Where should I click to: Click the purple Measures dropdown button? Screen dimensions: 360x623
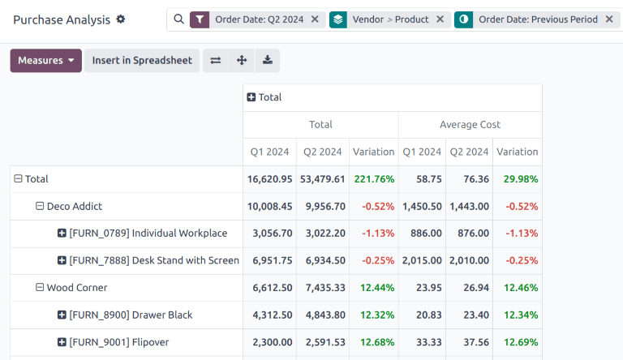pyautogui.click(x=45, y=61)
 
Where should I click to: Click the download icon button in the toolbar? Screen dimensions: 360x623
pyautogui.click(x=268, y=61)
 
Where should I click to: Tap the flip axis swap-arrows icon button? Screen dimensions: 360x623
pyautogui.click(x=216, y=61)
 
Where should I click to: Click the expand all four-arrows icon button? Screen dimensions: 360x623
pyautogui.click(x=242, y=61)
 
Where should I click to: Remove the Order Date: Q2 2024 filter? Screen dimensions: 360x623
pyautogui.click(x=315, y=19)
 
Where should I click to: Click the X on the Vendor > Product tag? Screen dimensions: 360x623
pyautogui.click(x=440, y=19)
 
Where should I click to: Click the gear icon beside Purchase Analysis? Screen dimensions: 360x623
pyautogui.click(x=121, y=19)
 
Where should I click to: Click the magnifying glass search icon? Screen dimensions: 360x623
pyautogui.click(x=179, y=19)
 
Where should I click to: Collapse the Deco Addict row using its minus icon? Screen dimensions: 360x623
pyautogui.click(x=40, y=206)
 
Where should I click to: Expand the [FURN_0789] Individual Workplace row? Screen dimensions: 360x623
pyautogui.click(x=62, y=234)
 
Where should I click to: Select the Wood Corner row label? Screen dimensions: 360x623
pyautogui.click(x=76, y=288)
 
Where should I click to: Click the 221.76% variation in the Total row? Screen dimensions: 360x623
pyautogui.click(x=374, y=179)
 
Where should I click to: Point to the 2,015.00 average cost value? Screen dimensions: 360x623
pyautogui.click(x=422, y=260)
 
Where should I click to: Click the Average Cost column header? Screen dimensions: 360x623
pyautogui.click(x=470, y=125)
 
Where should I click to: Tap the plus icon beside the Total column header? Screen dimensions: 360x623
pyautogui.click(x=251, y=97)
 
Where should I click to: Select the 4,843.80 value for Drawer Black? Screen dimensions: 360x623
pyautogui.click(x=324, y=315)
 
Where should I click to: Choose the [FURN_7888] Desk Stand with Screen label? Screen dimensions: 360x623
pyautogui.click(x=154, y=260)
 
